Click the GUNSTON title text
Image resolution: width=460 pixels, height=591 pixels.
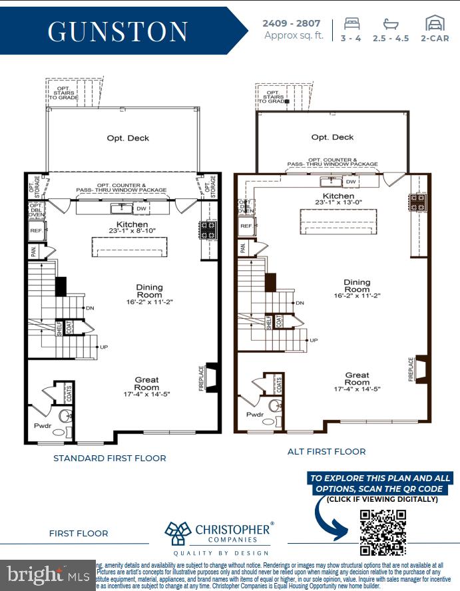pos(118,31)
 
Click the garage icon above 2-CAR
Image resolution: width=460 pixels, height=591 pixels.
pos(435,23)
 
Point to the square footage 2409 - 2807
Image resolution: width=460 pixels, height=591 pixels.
pos(294,23)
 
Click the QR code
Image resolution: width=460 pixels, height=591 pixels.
pos(383,532)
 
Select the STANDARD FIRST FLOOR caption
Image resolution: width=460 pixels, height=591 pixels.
pos(110,458)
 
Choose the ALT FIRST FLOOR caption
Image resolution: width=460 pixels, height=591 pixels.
pos(326,451)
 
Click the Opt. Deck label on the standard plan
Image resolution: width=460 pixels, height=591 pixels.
pos(128,138)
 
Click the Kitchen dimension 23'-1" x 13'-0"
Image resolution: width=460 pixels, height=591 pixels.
pos(339,202)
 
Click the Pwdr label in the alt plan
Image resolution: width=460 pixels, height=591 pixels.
pos(255,413)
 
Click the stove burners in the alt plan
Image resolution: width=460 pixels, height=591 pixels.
pos(418,203)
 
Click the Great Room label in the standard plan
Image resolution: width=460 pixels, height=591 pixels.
pos(146,383)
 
